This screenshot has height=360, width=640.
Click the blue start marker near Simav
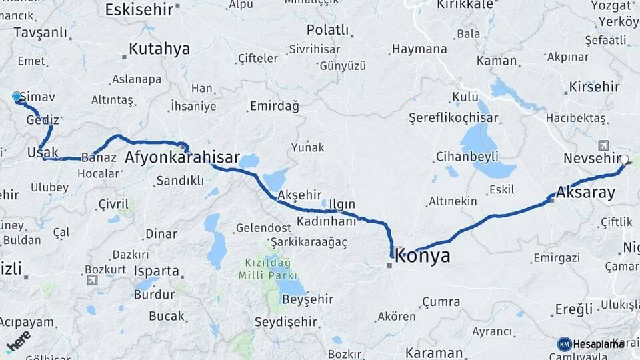[x=17, y=97]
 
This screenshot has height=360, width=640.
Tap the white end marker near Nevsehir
[x=624, y=160]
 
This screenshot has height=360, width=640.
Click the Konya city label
[x=423, y=255]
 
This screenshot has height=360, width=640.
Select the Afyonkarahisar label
[x=182, y=157]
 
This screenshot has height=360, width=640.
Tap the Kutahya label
[x=159, y=49]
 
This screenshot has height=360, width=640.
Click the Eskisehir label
[x=139, y=9]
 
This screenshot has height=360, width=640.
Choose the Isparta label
[x=156, y=271]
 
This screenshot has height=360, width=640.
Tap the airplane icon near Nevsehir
[x=604, y=145]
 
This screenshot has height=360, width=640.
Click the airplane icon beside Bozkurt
[x=91, y=280]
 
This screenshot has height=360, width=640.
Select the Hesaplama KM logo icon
[x=565, y=344]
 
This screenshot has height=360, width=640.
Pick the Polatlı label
[x=327, y=29]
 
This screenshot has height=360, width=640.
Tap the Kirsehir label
[x=595, y=87]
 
